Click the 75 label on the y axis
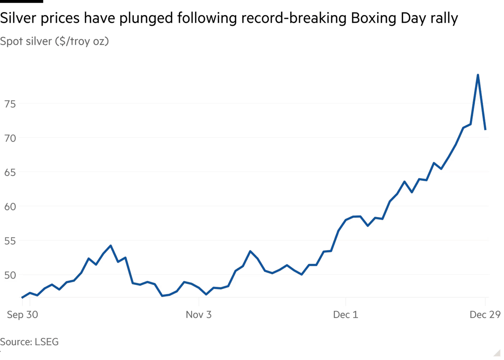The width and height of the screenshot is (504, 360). click(10, 104)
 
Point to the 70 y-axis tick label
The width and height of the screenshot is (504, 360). click(10, 138)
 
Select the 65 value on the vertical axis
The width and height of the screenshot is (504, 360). click(10, 172)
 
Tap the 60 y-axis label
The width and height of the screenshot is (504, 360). click(10, 206)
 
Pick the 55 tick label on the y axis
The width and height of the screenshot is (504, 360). click(10, 240)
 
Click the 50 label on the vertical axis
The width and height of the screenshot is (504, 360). click(10, 275)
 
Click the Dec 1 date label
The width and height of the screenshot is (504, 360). click(345, 315)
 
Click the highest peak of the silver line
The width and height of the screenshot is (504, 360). click(478, 74)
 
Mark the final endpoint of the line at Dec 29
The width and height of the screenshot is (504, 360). click(487, 130)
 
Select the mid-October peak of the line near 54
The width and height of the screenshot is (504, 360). click(110, 245)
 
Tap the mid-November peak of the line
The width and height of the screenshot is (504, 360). click(250, 250)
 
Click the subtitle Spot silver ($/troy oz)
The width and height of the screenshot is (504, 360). click(55, 41)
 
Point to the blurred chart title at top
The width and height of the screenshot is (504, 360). click(228, 18)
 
